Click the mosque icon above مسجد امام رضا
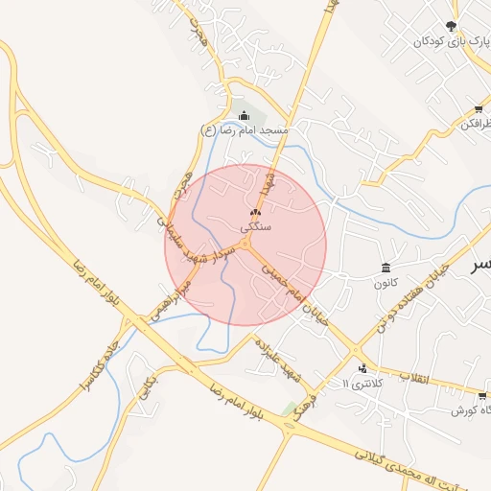(x=244, y=115)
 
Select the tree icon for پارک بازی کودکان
(x=452, y=27)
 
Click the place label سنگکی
(x=257, y=227)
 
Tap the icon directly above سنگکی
(x=255, y=213)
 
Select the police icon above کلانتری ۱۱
(x=362, y=368)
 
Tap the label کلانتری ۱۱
(x=362, y=383)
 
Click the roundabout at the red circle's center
(x=246, y=245)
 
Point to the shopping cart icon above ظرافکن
(x=479, y=108)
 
